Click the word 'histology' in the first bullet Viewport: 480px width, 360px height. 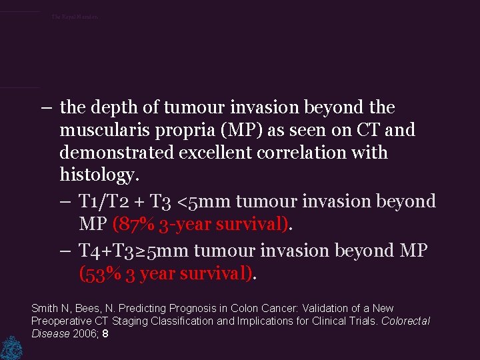point(97,176)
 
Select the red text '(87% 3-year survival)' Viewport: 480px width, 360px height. point(201,224)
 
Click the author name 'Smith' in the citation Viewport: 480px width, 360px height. point(45,309)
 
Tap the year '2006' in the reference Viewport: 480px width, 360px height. point(85,333)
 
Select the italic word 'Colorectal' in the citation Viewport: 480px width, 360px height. point(405,321)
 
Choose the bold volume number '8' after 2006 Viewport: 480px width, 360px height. point(105,333)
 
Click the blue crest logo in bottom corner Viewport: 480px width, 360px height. point(10,347)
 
